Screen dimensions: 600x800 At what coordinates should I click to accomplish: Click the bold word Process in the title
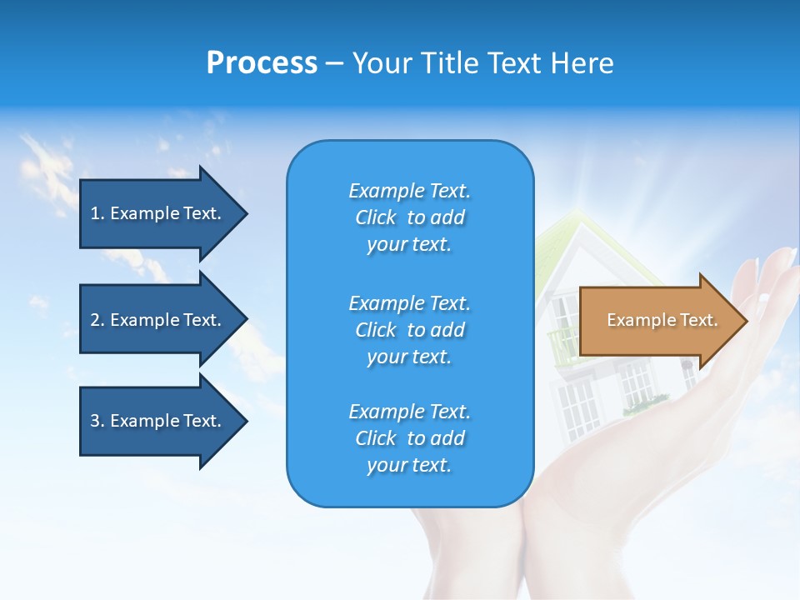262,63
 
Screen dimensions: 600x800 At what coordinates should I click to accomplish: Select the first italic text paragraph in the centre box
409,217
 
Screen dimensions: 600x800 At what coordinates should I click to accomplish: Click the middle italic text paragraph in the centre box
409,329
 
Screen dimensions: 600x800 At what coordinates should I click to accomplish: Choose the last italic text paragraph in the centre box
409,438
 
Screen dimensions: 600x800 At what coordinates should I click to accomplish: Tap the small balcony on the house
563,342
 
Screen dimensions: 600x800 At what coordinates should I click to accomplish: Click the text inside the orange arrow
662,320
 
